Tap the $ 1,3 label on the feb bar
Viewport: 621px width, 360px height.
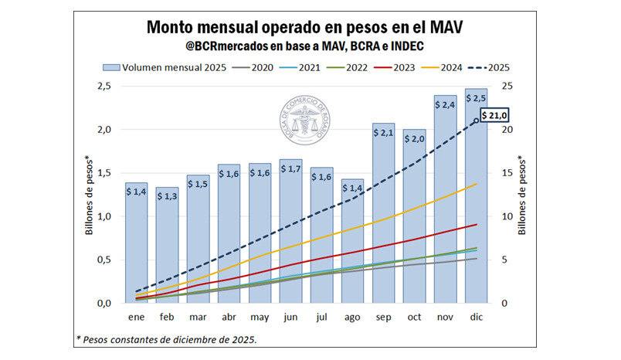click(x=167, y=196)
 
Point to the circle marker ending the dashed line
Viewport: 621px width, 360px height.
click(x=476, y=121)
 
